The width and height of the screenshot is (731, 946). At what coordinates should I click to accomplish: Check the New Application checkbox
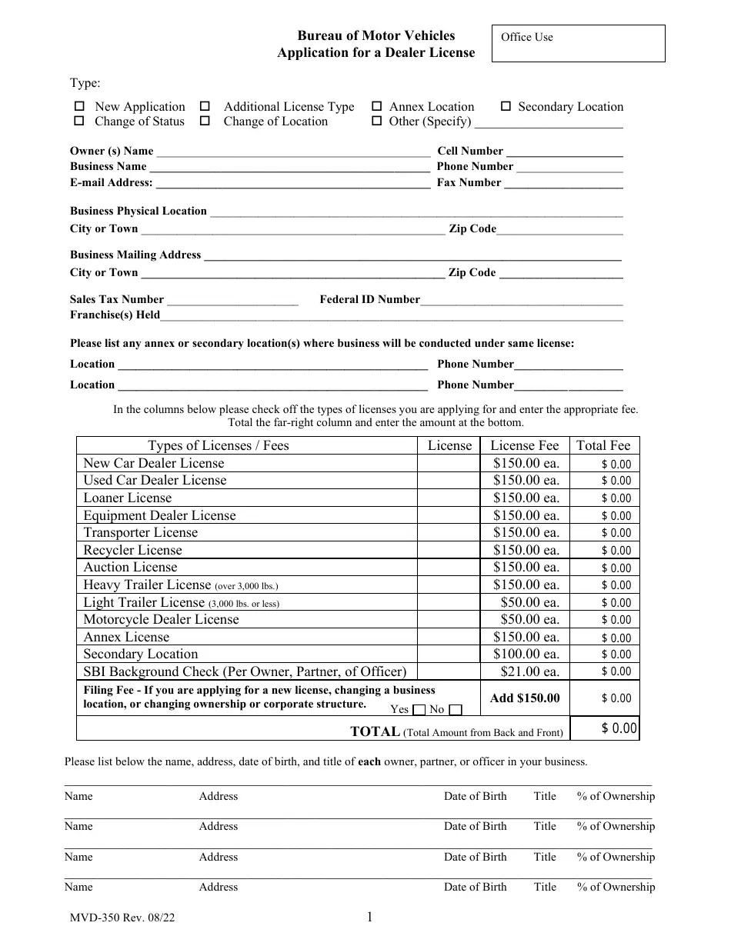click(78, 107)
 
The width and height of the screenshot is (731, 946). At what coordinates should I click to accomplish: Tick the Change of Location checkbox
click(205, 122)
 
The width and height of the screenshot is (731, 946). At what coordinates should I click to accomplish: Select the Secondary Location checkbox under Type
click(506, 107)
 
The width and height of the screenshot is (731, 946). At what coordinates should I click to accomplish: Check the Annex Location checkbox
click(377, 107)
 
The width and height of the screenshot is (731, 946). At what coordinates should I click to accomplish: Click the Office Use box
click(578, 43)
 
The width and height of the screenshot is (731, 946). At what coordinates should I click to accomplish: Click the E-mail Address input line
click(292, 183)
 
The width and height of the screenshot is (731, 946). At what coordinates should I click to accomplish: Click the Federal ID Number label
click(369, 300)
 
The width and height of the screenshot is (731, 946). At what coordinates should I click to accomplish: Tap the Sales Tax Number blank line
click(232, 300)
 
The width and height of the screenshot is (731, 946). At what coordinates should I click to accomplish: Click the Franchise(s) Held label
click(115, 315)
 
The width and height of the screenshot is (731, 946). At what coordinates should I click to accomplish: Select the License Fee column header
click(524, 445)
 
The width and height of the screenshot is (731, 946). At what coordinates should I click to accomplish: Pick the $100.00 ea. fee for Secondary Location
click(526, 655)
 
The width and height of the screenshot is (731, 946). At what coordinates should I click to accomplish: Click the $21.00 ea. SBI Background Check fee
click(529, 671)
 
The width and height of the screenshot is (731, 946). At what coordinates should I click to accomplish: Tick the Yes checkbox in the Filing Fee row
click(419, 710)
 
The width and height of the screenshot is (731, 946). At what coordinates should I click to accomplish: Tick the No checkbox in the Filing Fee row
click(456, 710)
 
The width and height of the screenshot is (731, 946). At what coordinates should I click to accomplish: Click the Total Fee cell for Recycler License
click(603, 551)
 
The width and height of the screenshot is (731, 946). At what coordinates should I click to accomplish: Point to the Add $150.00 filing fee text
click(525, 698)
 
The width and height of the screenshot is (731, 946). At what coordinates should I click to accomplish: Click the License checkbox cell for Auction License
click(449, 568)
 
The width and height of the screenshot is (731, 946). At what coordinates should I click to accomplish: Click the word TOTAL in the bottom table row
click(375, 732)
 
